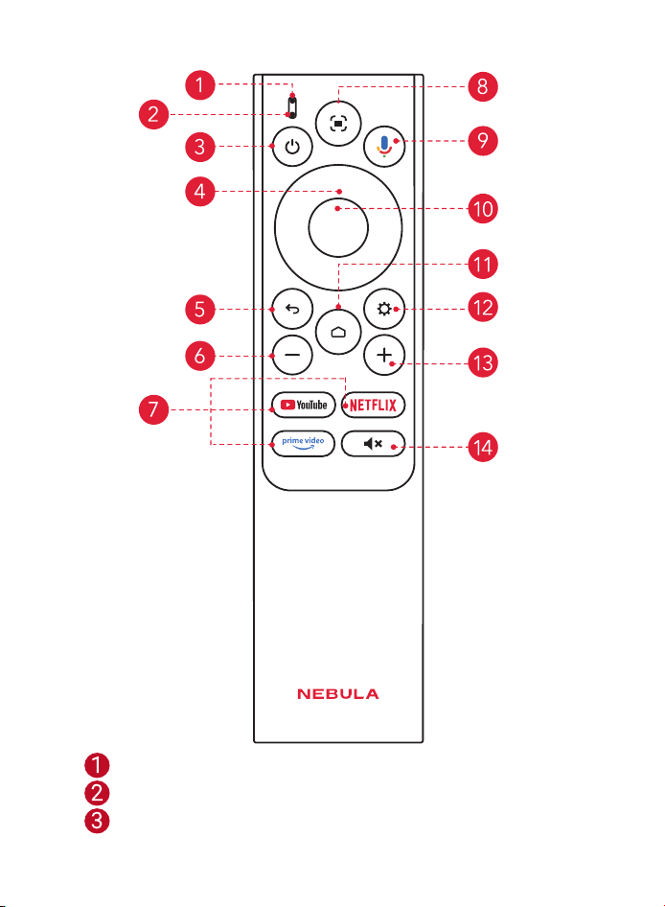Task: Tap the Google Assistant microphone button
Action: coord(384,147)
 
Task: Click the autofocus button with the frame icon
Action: coord(338,124)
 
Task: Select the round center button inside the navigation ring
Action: coord(338,227)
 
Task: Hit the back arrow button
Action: coord(292,309)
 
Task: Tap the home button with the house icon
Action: coord(338,332)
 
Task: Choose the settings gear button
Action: coord(384,309)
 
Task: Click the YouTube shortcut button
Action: coord(304,405)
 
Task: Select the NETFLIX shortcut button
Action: coord(373,405)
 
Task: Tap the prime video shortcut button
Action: coord(304,444)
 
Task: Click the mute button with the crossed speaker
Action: coord(373,444)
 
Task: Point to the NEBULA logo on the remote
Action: coord(338,694)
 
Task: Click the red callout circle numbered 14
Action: coord(483,447)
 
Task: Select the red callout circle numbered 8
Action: coord(483,86)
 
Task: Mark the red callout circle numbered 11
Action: coord(483,265)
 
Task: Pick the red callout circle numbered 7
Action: coord(154,409)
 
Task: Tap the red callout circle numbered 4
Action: coord(200,192)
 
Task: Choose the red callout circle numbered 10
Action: coord(483,209)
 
